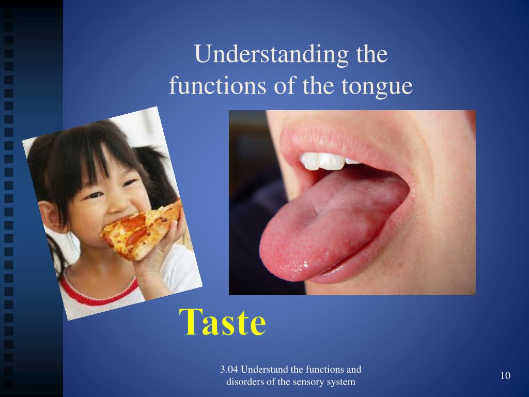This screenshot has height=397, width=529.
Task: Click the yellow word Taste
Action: tap(223, 322)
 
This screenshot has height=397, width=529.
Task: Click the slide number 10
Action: tap(505, 375)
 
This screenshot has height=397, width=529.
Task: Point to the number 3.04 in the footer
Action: tap(229, 370)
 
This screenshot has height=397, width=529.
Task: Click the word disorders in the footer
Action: tap(245, 382)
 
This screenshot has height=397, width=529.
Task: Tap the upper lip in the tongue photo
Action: tap(331, 140)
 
